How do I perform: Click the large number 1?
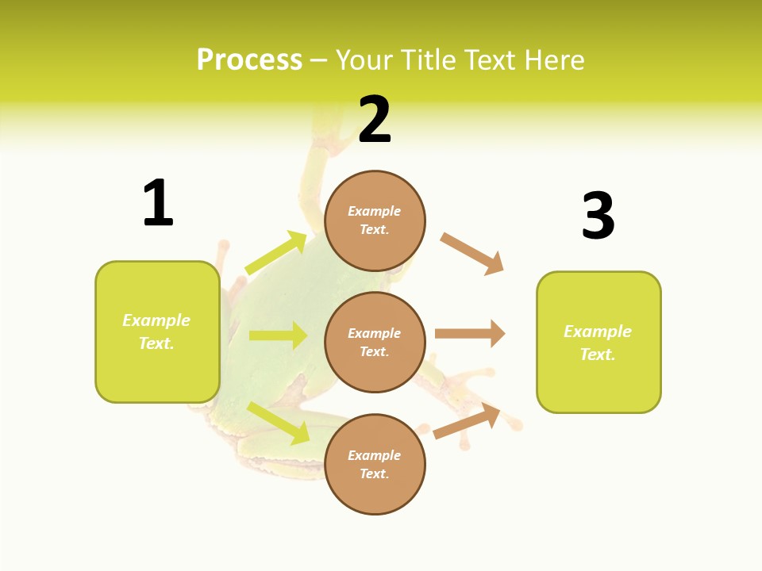pyautogui.click(x=158, y=203)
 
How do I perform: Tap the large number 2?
pyautogui.click(x=375, y=121)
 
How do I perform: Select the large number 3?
pyautogui.click(x=598, y=216)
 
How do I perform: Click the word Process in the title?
pyautogui.click(x=249, y=60)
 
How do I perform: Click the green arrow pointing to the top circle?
pyautogui.click(x=276, y=253)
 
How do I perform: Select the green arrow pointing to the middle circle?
pyautogui.click(x=278, y=335)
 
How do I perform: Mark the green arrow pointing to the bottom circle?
pyautogui.click(x=279, y=423)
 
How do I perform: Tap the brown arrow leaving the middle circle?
pyautogui.click(x=470, y=333)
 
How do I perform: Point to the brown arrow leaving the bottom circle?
pyautogui.click(x=467, y=421)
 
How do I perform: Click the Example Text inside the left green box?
pyautogui.click(x=156, y=331)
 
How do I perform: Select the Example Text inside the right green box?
pyautogui.click(x=598, y=343)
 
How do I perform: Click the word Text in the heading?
pyautogui.click(x=490, y=60)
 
